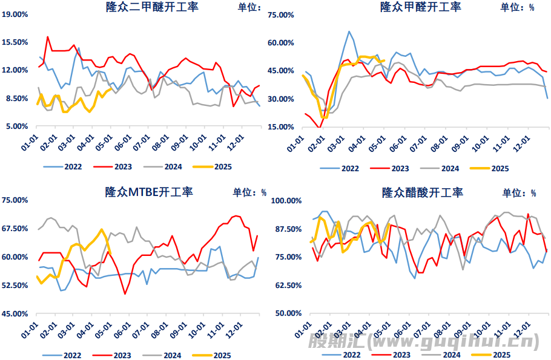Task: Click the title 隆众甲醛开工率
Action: click(420, 7)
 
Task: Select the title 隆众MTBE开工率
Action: click(149, 192)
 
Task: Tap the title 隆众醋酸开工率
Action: click(423, 193)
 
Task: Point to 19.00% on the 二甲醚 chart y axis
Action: click(15, 14)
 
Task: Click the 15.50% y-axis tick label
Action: click(15, 42)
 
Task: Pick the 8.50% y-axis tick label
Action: click(17, 99)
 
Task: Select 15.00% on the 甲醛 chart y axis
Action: click(281, 127)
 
